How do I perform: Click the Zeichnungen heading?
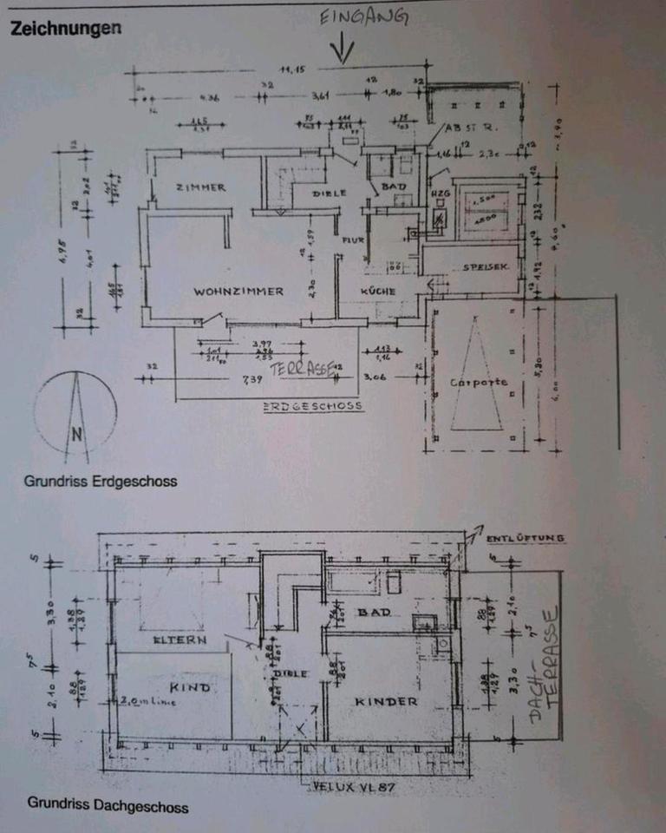coord(65,28)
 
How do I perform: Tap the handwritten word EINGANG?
coord(362,18)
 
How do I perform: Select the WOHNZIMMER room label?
coord(238,292)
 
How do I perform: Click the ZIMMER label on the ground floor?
coord(200,187)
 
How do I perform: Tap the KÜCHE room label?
coord(378,292)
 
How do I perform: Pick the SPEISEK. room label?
coord(480,266)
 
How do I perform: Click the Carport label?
coord(478,382)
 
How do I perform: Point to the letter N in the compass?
coord(78,435)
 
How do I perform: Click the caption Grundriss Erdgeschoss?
coord(101,481)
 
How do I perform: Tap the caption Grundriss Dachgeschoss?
coord(108,806)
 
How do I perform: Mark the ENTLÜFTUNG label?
coord(525,538)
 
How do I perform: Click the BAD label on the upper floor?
coord(380,613)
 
